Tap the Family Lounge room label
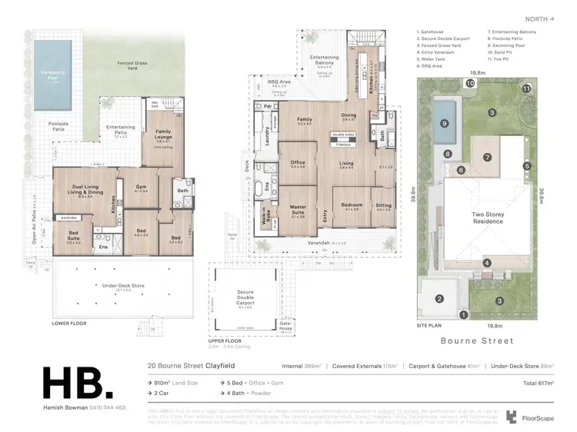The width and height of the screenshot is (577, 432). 162,134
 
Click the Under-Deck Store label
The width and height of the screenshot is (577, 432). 122,285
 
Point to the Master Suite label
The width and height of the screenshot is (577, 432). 299,209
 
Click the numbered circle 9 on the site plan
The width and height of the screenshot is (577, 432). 444,122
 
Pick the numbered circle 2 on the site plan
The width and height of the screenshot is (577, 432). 439,299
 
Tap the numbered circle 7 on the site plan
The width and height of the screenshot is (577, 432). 487,158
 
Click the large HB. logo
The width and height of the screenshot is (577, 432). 80,384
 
